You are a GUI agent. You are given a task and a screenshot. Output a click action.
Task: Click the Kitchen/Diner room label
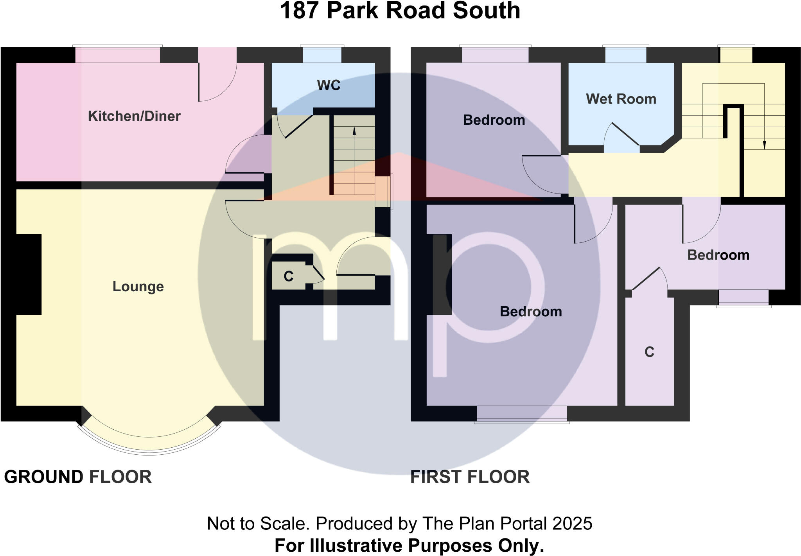[x=134, y=116]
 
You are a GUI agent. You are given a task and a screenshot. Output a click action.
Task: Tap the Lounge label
[x=138, y=287]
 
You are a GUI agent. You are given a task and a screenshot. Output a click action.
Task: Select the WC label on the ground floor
[x=329, y=85]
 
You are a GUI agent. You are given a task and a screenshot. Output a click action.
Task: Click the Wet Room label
[x=621, y=99]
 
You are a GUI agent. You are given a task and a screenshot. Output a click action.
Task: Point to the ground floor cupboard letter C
[x=288, y=276]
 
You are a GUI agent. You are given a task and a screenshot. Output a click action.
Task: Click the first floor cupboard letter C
[x=649, y=352]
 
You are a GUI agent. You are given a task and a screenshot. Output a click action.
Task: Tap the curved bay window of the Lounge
[x=149, y=446]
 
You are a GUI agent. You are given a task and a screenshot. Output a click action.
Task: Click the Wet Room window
[x=625, y=55]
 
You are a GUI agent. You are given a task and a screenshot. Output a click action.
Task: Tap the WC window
[x=322, y=55]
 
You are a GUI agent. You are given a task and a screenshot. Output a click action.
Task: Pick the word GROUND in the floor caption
[x=43, y=477]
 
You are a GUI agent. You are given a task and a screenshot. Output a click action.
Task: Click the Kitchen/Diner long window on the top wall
[x=117, y=55]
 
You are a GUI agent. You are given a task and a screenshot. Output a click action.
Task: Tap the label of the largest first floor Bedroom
[x=531, y=312]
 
